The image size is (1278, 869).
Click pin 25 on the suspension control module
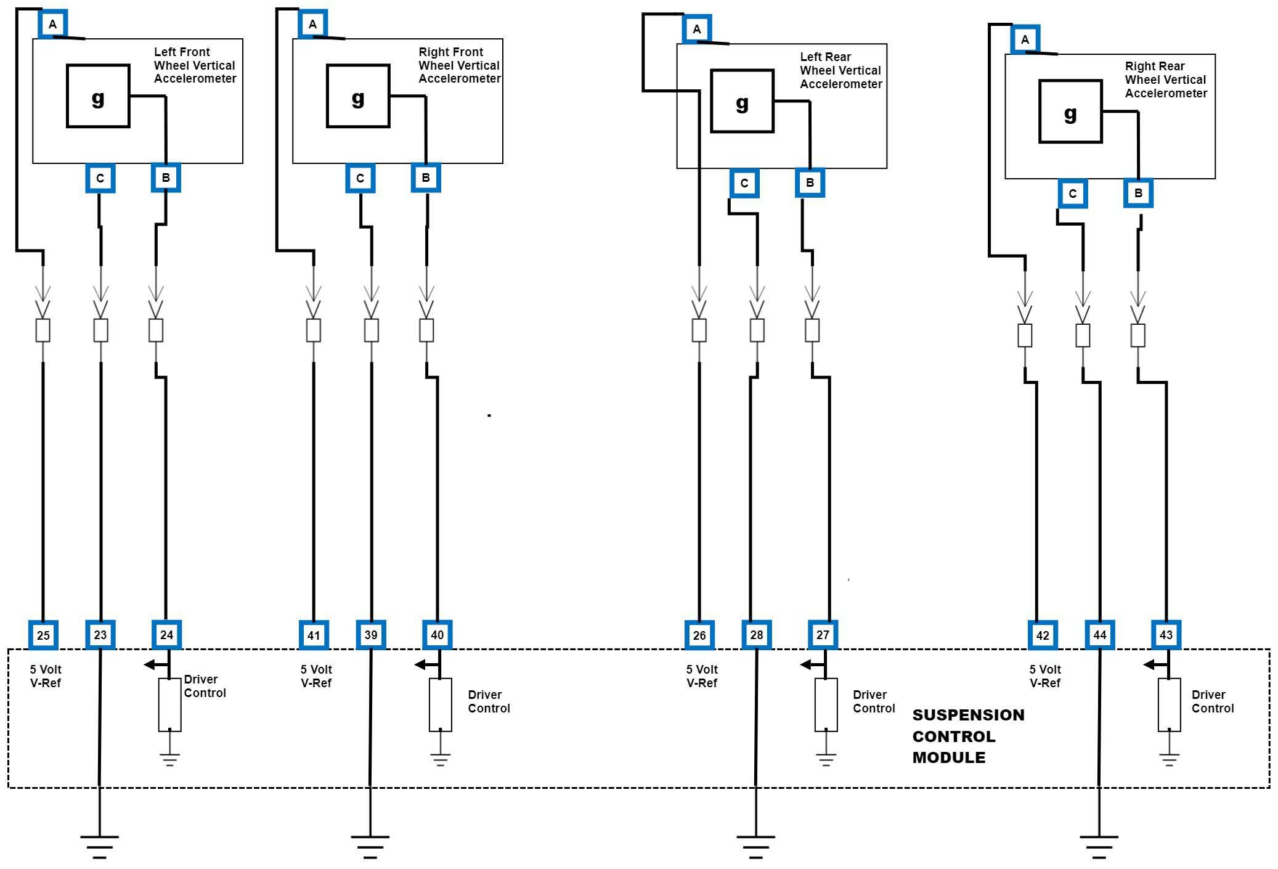(43, 635)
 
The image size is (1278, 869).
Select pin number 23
(100, 635)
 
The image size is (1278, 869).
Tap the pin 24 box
(166, 635)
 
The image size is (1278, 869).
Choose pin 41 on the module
(314, 635)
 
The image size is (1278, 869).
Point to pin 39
(371, 635)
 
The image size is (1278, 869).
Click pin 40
(437, 635)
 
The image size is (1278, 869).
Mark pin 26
(699, 635)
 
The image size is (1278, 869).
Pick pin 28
(757, 635)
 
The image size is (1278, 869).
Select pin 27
(823, 635)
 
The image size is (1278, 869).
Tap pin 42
(1043, 635)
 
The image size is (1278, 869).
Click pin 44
(1100, 635)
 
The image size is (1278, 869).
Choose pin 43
(1166, 635)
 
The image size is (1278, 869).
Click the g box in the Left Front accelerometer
(98, 96)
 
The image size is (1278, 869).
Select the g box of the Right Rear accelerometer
(1070, 112)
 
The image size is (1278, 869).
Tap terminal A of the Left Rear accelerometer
(697, 29)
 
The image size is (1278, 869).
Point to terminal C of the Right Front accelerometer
(360, 179)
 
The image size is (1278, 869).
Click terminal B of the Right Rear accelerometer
(1138, 193)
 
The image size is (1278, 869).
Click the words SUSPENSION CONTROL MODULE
(967, 736)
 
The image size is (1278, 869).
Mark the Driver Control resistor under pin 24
(169, 704)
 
